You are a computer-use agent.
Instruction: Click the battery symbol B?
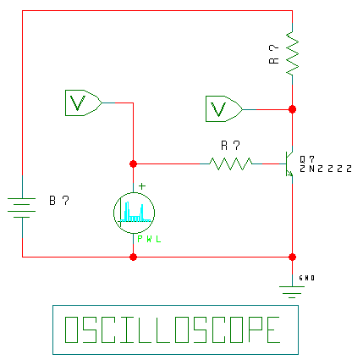[x=22, y=208]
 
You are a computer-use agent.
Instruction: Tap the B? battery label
[x=59, y=200]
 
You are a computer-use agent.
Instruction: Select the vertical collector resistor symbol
[x=293, y=53]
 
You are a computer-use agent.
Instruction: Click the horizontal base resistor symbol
[x=231, y=163]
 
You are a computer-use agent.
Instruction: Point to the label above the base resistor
[x=230, y=146]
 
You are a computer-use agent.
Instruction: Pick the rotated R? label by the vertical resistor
[x=274, y=54]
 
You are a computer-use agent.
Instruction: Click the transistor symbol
[x=289, y=163]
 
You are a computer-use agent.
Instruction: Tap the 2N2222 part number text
[x=326, y=169]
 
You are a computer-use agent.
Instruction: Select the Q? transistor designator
[x=307, y=159]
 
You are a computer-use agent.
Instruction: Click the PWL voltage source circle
[x=134, y=213]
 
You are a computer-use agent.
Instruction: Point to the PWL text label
[x=149, y=240]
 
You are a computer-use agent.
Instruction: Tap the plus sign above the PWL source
[x=142, y=186]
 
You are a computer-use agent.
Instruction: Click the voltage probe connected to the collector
[x=224, y=109]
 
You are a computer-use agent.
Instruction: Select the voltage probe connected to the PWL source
[x=84, y=102]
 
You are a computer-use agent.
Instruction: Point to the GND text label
[x=307, y=278]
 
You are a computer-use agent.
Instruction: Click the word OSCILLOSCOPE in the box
[x=173, y=330]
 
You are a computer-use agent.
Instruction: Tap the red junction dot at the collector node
[x=293, y=109]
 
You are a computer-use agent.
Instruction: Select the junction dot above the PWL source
[x=134, y=163]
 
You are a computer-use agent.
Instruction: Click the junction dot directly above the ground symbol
[x=293, y=257]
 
